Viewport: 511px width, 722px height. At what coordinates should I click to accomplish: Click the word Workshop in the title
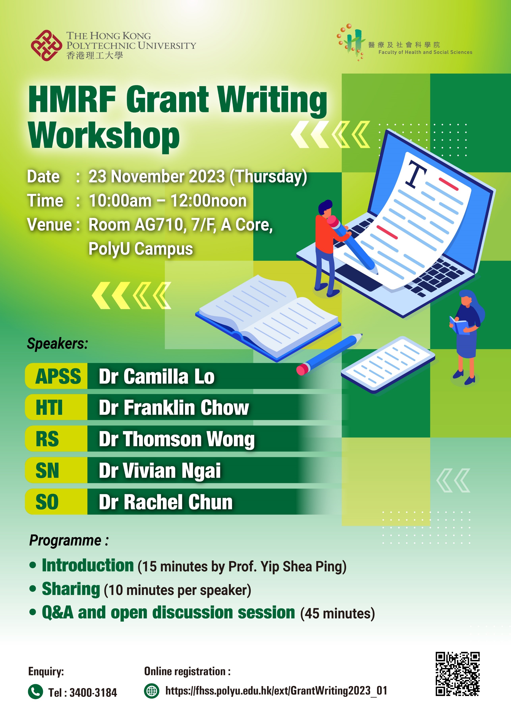click(x=104, y=136)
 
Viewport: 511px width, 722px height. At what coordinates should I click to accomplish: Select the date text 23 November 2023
click(x=157, y=176)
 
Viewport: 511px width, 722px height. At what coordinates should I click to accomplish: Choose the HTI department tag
click(x=49, y=408)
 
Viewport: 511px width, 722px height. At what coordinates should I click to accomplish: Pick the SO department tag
click(x=47, y=502)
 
